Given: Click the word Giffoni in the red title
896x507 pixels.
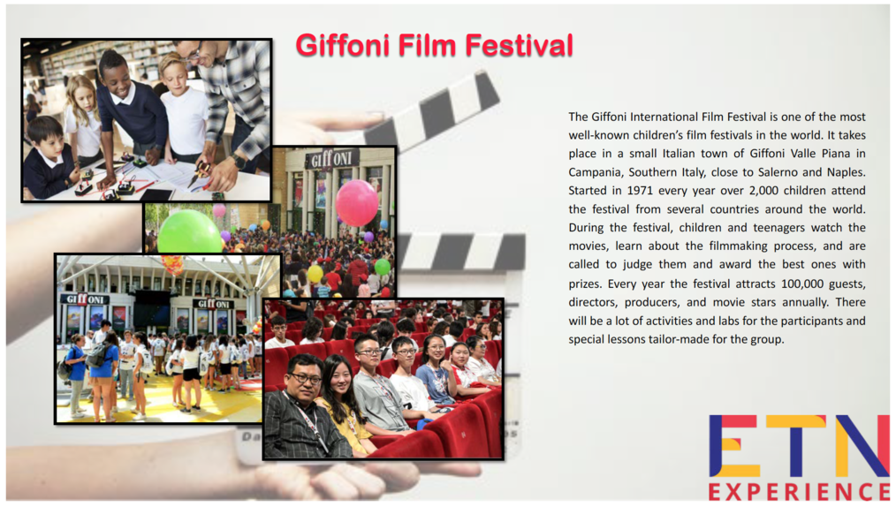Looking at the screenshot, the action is [343, 45].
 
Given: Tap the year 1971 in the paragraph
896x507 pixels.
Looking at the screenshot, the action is [640, 190].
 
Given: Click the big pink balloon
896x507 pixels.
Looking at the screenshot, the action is [357, 202].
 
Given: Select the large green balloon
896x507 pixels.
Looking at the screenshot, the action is [188, 233].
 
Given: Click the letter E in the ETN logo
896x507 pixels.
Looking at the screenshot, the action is [733, 446].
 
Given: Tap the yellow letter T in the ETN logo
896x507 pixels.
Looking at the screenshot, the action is [794, 446].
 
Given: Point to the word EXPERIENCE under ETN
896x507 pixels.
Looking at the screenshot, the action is [800, 492].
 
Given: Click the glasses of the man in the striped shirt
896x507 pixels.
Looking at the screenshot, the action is [305, 378].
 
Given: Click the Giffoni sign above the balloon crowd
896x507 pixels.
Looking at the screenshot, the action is [331, 159].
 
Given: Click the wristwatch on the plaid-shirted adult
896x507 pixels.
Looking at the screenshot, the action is [239, 163].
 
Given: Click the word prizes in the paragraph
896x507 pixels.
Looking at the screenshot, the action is [585, 284].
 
